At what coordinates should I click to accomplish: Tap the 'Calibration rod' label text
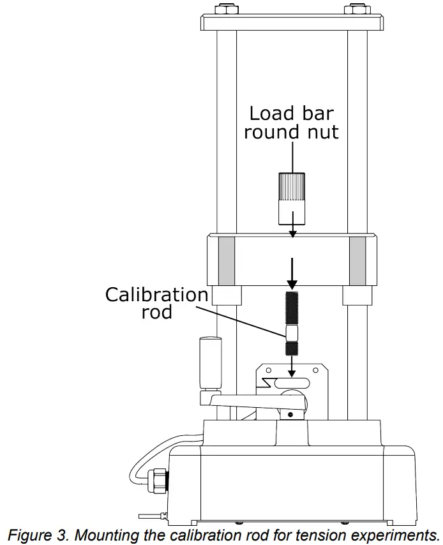coord(156,303)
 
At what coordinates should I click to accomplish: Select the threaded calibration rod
coord(292,322)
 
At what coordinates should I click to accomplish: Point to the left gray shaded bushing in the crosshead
coord(226,260)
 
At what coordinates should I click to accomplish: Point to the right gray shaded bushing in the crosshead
coord(357,260)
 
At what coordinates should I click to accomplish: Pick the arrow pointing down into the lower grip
coord(292,366)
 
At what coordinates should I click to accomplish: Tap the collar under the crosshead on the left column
coord(226,295)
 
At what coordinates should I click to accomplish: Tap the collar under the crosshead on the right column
coord(357,295)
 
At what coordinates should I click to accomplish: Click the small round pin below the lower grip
coord(291,415)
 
